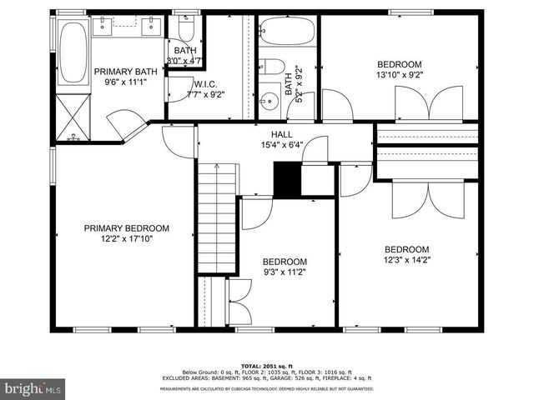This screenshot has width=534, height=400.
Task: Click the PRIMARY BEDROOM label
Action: [x=127, y=228]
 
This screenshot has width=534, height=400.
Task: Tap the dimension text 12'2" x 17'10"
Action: [x=127, y=238]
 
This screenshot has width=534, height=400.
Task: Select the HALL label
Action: [x=281, y=134]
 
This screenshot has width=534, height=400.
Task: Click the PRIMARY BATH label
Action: [x=125, y=72]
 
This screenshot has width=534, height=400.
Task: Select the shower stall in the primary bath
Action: [x=74, y=117]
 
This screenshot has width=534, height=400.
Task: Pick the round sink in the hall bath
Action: [x=270, y=103]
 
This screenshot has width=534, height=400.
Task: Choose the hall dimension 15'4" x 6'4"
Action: [x=281, y=144]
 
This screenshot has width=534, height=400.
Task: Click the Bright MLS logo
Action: [x=33, y=387]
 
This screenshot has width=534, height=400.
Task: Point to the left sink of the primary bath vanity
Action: [x=107, y=27]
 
